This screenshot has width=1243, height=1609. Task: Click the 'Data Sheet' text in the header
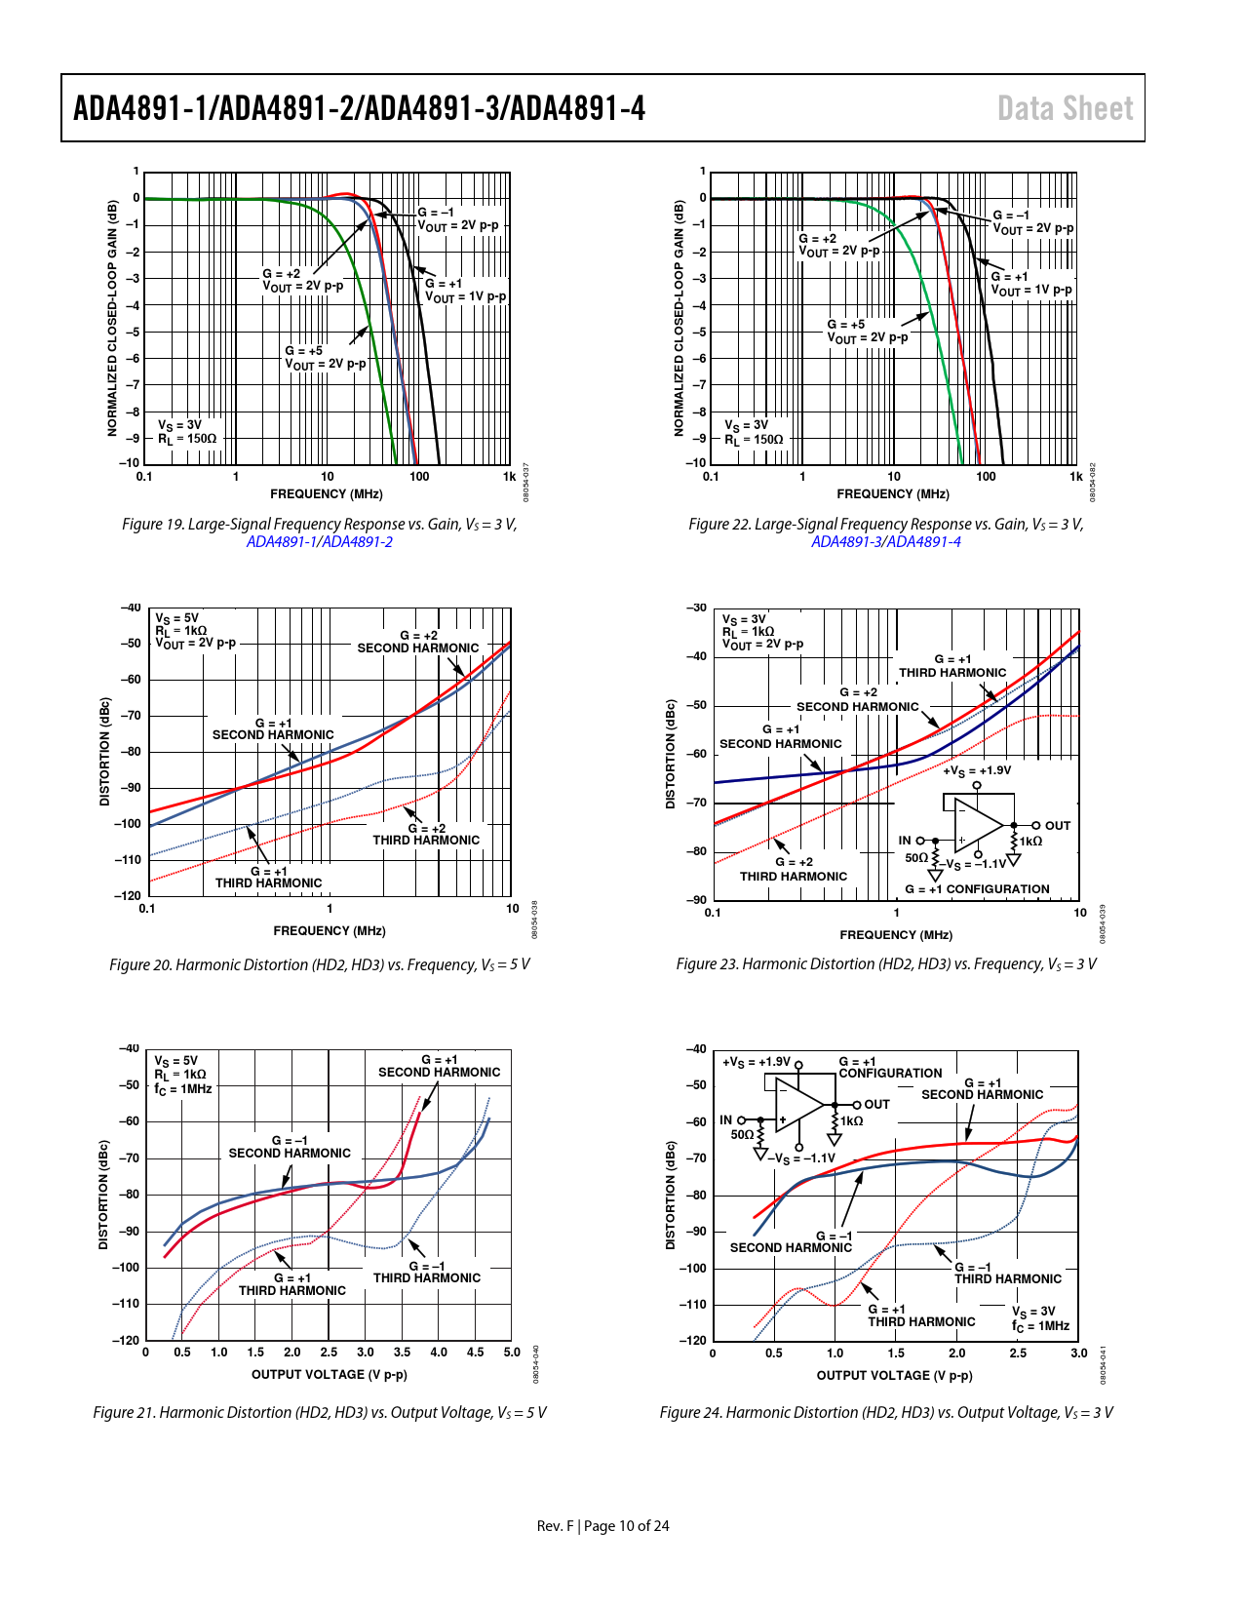pos(1065,108)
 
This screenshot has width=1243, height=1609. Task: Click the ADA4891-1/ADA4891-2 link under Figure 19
pos(319,542)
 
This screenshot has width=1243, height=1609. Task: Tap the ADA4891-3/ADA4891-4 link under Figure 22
pos(885,542)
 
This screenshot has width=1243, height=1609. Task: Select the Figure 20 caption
pos(319,964)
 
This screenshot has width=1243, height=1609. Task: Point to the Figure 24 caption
pos(885,1412)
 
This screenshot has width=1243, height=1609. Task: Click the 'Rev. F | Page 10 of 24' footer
pos(602,1525)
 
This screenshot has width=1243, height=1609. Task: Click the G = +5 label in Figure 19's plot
pos(303,351)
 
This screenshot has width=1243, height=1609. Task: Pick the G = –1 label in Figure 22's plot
pos(1011,216)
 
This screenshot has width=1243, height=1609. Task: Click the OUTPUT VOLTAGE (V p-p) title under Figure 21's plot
pos(329,1374)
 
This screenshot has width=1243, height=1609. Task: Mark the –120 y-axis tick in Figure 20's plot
pos(129,895)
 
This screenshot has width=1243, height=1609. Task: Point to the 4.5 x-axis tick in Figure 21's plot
pos(475,1353)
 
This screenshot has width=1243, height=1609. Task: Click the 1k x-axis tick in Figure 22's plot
pos(1075,477)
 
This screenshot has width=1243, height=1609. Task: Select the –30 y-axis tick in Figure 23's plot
pos(696,608)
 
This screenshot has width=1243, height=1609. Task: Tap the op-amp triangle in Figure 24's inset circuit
pos(798,1105)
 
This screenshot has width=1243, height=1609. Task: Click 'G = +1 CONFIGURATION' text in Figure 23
pos(977,889)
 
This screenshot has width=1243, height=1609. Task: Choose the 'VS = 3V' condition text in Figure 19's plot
pos(180,425)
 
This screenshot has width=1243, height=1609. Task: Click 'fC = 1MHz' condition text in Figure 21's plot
pos(183,1088)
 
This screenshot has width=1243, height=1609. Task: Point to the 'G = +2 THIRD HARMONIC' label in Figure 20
pos(426,834)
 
